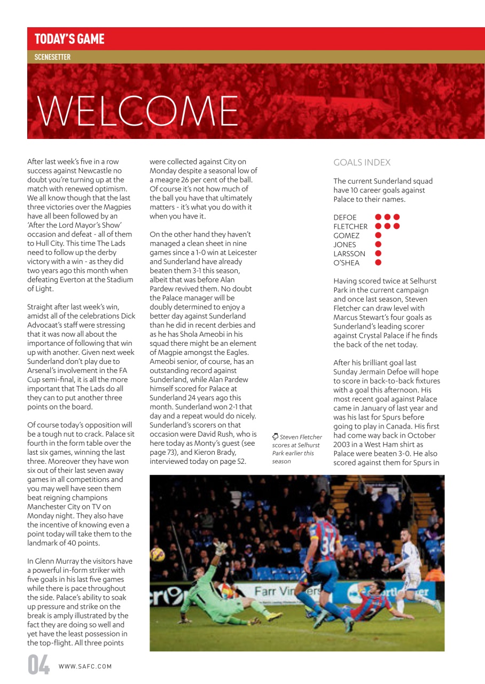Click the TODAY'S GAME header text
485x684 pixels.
click(x=69, y=39)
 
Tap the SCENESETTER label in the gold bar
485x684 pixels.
click(x=52, y=57)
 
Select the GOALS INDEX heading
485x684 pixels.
click(x=362, y=162)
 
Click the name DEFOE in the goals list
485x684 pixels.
click(x=346, y=217)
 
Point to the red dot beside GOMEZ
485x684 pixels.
click(x=378, y=235)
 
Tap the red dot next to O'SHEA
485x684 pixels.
click(x=378, y=262)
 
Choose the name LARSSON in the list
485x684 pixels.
click(x=349, y=254)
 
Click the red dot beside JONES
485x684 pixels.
click(x=378, y=244)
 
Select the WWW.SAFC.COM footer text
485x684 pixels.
click(x=85, y=666)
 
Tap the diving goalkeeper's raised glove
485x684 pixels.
click(x=221, y=548)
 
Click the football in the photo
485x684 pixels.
click(x=158, y=555)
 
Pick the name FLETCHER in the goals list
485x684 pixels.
click(x=350, y=227)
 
